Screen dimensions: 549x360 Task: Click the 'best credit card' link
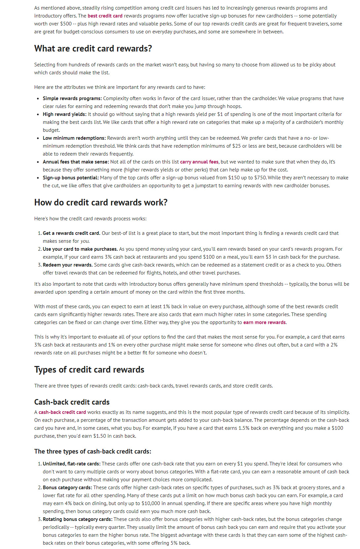click(x=105, y=16)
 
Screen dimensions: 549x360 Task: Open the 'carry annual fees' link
click(x=199, y=162)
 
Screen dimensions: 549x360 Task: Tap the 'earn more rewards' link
click(x=264, y=322)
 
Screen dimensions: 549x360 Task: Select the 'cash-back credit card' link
click(x=62, y=412)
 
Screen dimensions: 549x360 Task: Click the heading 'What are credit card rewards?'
click(x=93, y=49)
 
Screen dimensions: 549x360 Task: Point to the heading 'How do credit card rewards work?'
click(x=101, y=202)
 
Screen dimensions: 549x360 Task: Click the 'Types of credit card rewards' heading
click(x=89, y=370)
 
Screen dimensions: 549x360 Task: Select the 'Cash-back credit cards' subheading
click(x=72, y=402)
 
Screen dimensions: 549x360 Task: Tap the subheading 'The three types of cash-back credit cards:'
click(x=93, y=452)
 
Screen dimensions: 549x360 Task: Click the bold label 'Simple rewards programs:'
click(x=72, y=98)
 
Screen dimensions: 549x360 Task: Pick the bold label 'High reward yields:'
click(x=64, y=114)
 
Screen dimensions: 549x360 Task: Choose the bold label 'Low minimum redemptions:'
click(x=74, y=138)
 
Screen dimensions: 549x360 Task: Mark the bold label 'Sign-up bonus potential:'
click(x=71, y=178)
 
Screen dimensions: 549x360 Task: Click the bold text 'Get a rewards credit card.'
click(x=71, y=233)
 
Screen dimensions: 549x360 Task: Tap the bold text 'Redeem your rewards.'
click(x=67, y=265)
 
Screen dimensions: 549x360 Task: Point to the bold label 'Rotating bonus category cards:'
click(x=77, y=519)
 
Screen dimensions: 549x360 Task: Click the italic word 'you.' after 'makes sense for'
click(x=85, y=241)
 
